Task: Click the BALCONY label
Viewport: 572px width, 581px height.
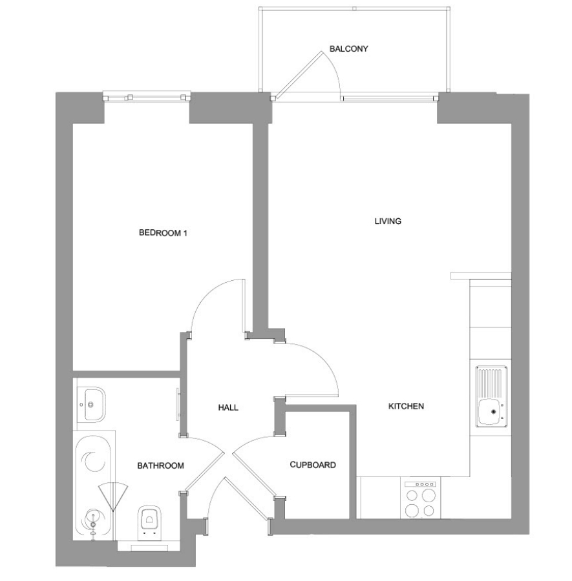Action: click(348, 48)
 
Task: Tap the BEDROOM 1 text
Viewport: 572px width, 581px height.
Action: click(163, 232)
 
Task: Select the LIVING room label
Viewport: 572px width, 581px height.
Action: click(388, 221)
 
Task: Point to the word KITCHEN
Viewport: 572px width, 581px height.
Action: click(406, 406)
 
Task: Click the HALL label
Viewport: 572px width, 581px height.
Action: click(228, 407)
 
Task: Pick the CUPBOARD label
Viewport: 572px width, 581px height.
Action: click(313, 465)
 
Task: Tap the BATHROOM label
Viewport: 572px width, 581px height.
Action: click(161, 465)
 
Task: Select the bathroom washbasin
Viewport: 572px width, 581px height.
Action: click(92, 404)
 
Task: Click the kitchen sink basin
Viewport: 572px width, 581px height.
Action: click(491, 413)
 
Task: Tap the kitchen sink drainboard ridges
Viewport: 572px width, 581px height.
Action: click(491, 382)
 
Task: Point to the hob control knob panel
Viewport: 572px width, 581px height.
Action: click(420, 484)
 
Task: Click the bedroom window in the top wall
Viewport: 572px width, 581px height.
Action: click(147, 97)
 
